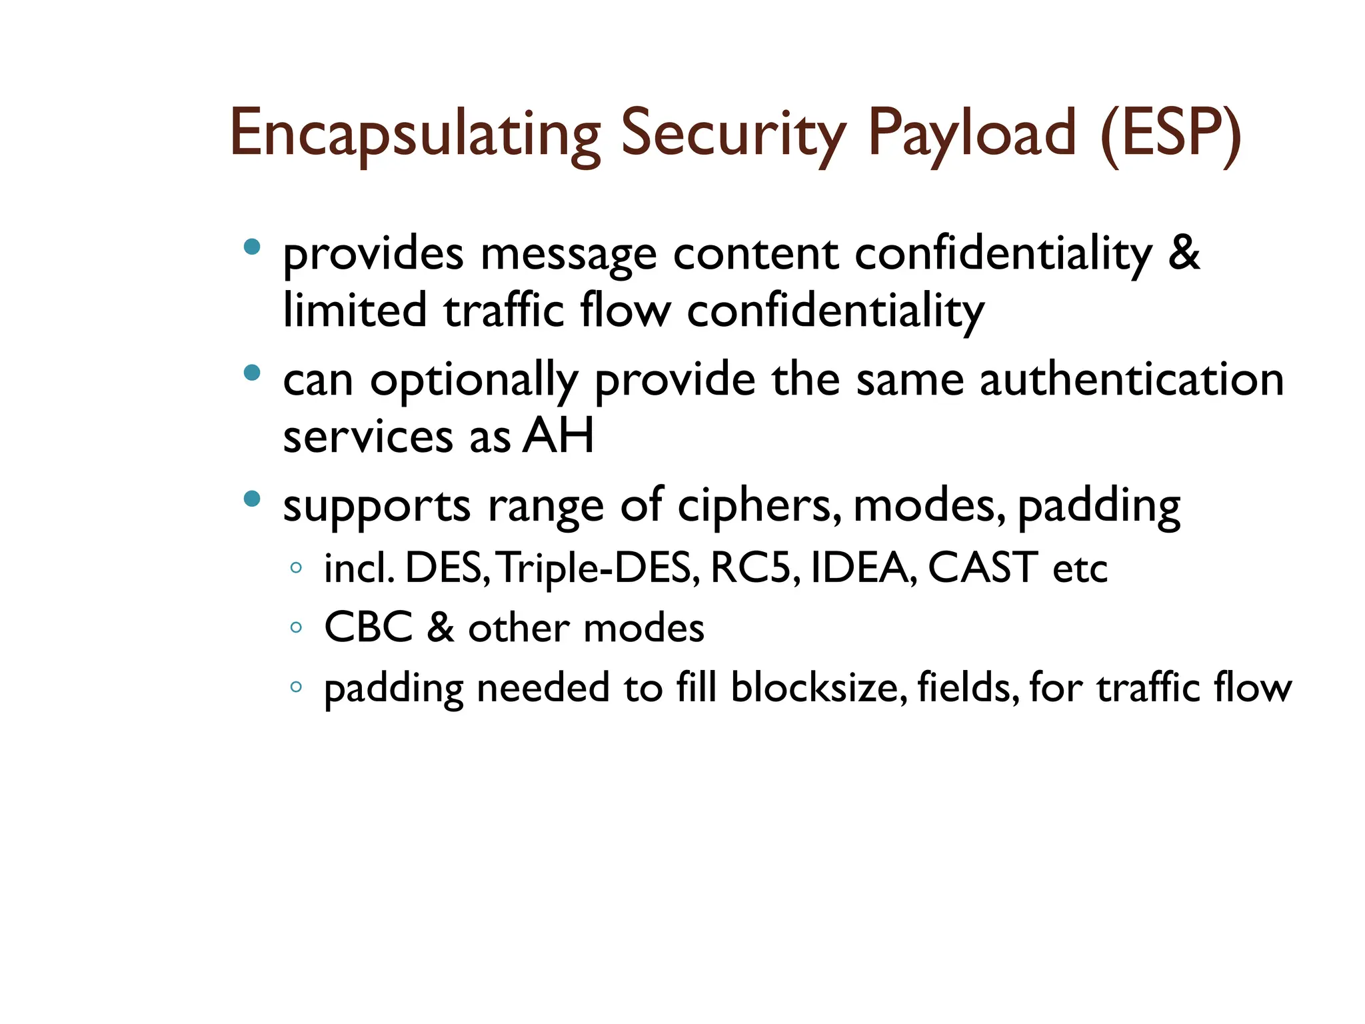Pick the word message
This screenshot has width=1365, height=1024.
pos(568,255)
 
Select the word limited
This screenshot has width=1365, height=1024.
pos(355,311)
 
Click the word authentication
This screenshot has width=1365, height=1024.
pos(1131,380)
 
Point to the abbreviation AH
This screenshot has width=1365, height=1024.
pos(558,437)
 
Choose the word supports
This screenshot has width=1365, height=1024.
pos(377,507)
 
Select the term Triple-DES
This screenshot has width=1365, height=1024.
pos(598,569)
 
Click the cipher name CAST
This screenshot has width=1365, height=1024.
pos(982,568)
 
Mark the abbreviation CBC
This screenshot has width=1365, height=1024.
pos(368,628)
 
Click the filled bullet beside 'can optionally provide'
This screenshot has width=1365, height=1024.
pos(252,373)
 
